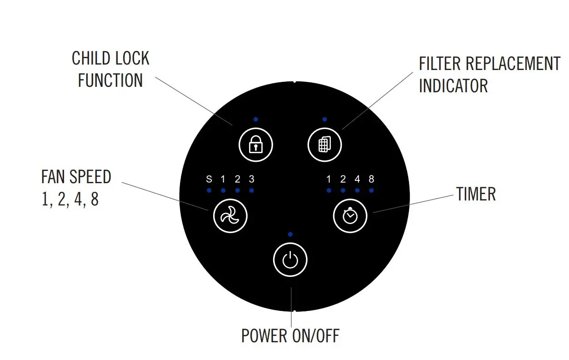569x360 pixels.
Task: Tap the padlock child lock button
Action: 256,145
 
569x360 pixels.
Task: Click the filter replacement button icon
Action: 324,145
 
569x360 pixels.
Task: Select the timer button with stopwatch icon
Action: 350,216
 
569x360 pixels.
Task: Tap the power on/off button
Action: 290,260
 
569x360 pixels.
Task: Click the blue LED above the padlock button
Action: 256,119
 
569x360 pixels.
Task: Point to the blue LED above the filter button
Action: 324,119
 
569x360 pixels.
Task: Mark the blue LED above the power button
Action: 290,234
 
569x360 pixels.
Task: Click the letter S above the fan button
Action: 209,179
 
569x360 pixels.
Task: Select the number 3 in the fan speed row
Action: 251,179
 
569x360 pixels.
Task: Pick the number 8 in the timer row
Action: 371,179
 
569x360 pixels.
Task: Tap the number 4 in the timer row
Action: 357,179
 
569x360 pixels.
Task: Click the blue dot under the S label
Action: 209,190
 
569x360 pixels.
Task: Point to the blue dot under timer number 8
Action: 371,190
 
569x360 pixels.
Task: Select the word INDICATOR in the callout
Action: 453,85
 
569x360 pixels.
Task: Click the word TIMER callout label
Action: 476,194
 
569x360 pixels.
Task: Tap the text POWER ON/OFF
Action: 290,336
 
